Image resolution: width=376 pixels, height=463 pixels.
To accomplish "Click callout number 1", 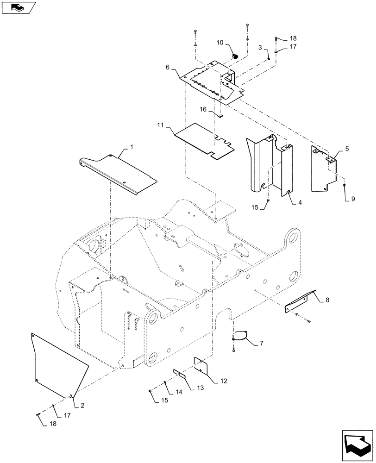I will pyautogui.click(x=132, y=147).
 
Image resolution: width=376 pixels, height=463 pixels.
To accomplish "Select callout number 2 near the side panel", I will pyautogui.click(x=82, y=406).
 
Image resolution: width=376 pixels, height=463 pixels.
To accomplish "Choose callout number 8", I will pyautogui.click(x=328, y=300).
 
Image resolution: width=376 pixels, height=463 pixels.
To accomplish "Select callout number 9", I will pyautogui.click(x=353, y=199).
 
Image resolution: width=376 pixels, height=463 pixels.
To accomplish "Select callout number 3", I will pyautogui.click(x=261, y=48).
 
